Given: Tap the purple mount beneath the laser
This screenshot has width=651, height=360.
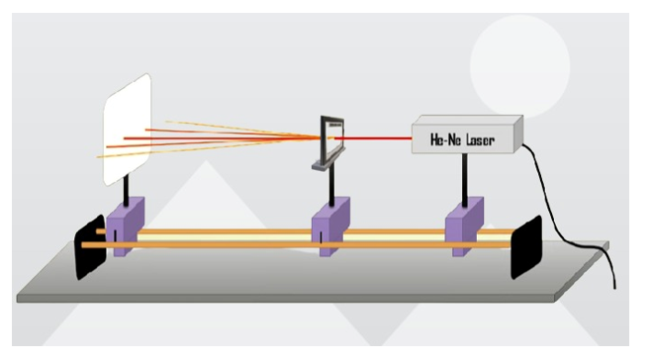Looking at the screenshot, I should [x=464, y=227].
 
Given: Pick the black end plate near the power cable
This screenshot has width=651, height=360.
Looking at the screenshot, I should [x=525, y=247].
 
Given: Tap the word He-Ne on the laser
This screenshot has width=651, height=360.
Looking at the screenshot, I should [x=444, y=140].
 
